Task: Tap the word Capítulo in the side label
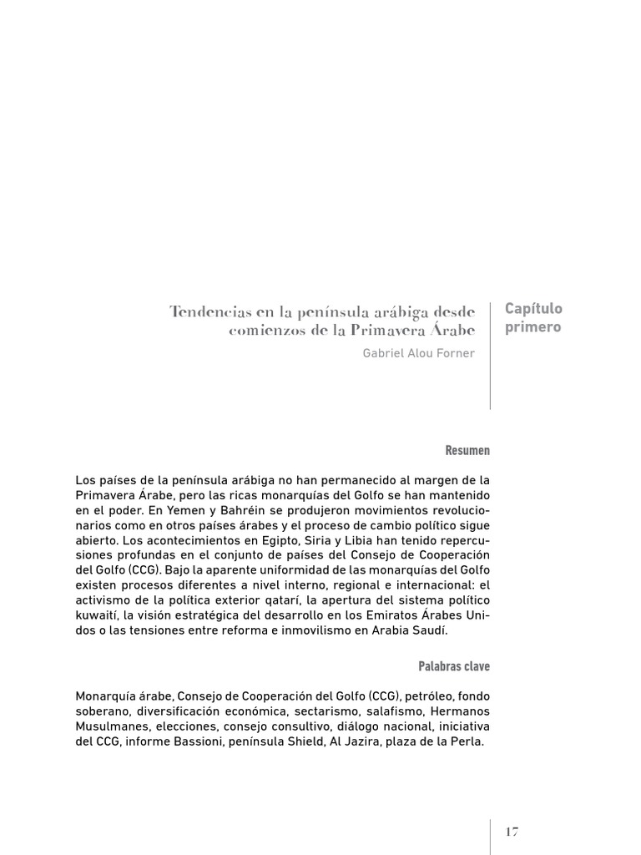(x=533, y=309)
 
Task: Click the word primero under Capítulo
(x=532, y=326)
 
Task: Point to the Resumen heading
(x=467, y=451)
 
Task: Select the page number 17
(x=512, y=832)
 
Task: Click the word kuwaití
(x=98, y=616)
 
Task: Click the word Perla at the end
(x=465, y=741)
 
